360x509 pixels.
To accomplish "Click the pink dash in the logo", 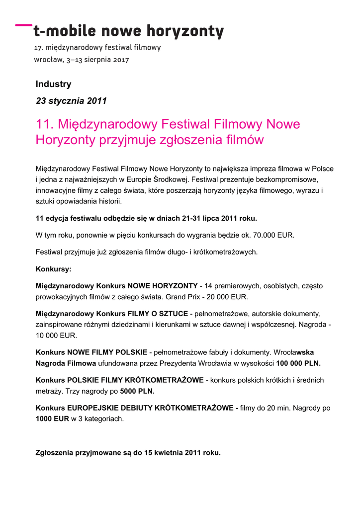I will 22,24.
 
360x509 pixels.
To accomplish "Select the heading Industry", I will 53,85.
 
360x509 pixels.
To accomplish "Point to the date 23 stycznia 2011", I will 71,101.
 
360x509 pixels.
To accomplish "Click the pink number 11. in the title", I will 45,124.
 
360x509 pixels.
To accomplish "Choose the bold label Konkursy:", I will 53,269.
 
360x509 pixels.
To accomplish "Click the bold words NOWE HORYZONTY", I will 163,286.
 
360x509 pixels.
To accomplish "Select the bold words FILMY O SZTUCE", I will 158,314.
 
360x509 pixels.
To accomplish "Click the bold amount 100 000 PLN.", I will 298,363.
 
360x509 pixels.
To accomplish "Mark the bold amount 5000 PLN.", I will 137,391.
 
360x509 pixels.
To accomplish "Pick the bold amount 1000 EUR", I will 52,419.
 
